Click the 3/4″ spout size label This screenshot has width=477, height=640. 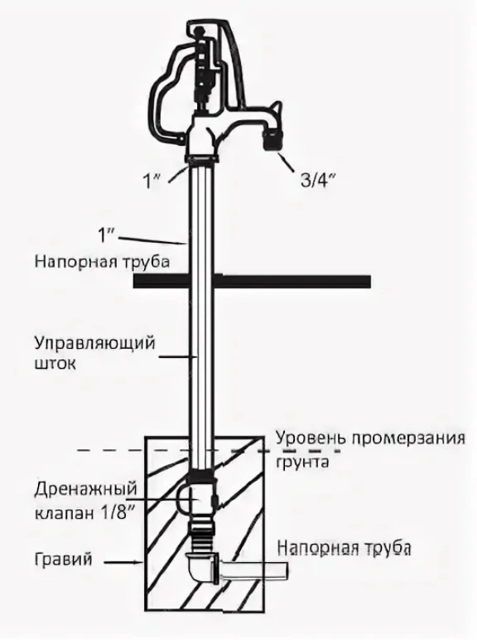coord(318,181)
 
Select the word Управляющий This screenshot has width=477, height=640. coord(94,344)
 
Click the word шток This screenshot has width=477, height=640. coord(55,364)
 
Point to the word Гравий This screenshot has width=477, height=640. coord(63,560)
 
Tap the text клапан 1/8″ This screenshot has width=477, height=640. coord(84,513)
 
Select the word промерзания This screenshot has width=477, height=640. coord(408,439)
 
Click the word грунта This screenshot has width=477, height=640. coord(302,463)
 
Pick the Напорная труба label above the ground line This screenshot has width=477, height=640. coord(102,262)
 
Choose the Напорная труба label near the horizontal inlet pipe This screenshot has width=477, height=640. coord(344,548)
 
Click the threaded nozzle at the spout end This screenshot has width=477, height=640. coord(272,140)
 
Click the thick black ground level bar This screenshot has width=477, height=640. coord(252,282)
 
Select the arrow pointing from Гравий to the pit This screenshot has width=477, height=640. coord(123,563)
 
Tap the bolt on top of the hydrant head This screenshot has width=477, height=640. coord(200,32)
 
